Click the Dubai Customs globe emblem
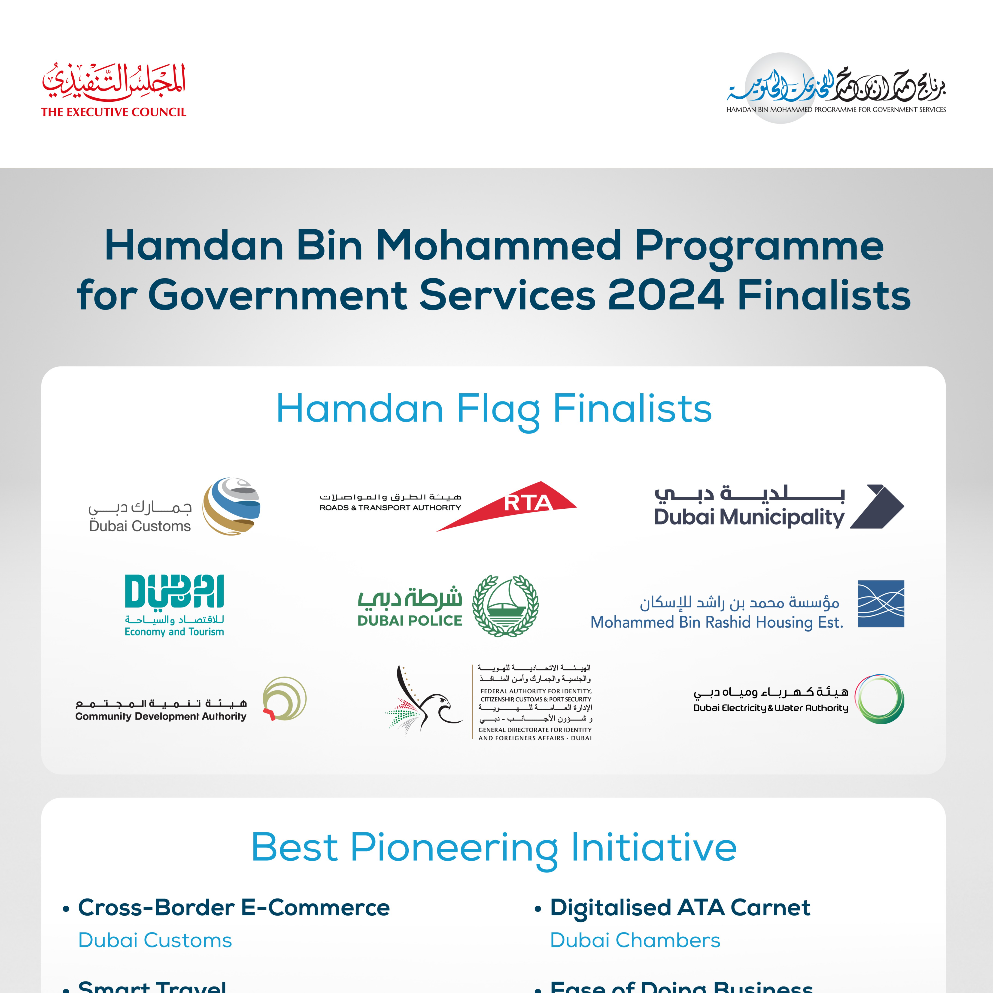(x=231, y=506)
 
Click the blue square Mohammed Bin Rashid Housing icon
(x=881, y=604)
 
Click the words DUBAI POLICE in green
(x=410, y=621)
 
